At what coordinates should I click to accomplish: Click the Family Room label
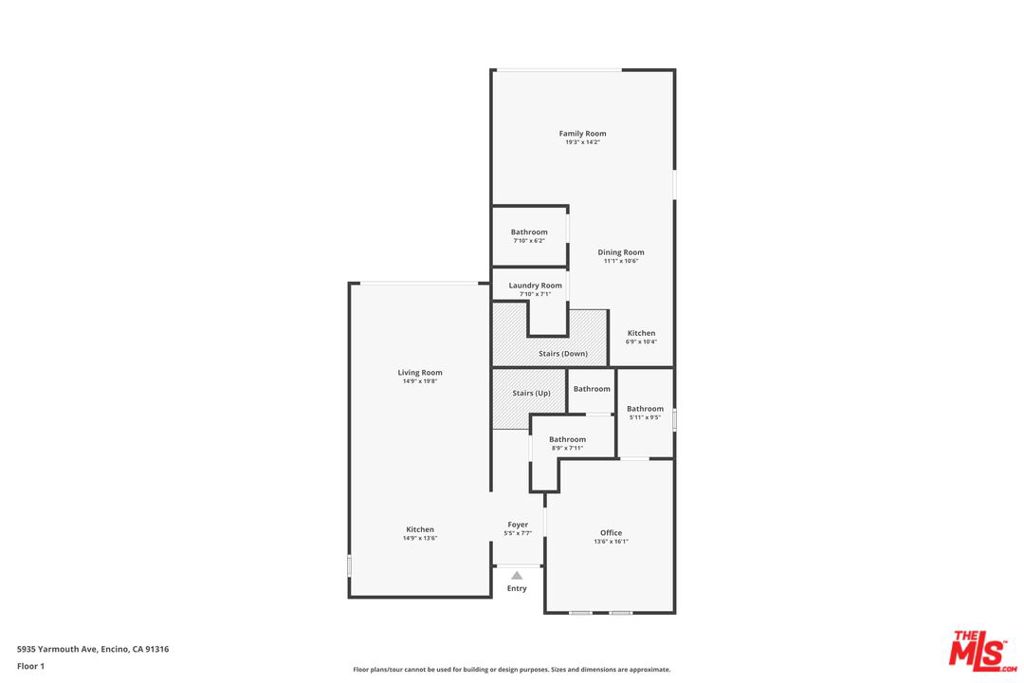(582, 133)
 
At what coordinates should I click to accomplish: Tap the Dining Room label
(621, 252)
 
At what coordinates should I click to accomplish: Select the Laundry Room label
(535, 285)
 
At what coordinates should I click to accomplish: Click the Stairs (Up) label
(531, 393)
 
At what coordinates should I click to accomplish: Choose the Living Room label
(420, 372)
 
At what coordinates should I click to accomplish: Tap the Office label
(611, 533)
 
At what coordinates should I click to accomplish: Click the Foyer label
(518, 524)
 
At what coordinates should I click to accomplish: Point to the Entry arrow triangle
(517, 575)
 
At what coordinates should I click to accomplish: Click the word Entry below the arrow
(517, 588)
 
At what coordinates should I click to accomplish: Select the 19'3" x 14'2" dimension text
(582, 142)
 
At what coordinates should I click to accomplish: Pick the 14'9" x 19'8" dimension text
(420, 381)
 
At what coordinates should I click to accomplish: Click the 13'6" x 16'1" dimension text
(611, 542)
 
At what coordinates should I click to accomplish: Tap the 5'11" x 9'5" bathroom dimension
(645, 417)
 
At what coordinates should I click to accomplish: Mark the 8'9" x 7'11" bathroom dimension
(567, 448)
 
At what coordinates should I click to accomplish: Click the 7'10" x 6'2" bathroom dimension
(529, 240)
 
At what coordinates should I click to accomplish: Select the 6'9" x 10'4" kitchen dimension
(641, 342)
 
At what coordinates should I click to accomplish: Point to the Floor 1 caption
(30, 666)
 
